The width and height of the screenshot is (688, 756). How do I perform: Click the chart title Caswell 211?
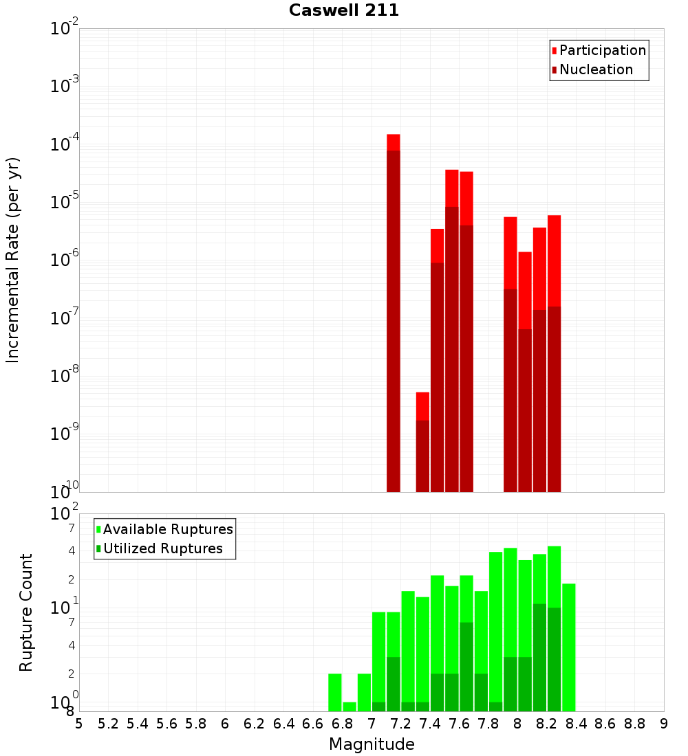pos(344,10)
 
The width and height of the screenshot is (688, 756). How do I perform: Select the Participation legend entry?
pos(599,51)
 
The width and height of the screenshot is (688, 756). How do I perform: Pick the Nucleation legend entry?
pos(592,70)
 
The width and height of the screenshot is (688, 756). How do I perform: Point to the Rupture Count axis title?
pos(26,612)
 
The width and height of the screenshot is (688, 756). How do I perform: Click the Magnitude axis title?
pos(372,744)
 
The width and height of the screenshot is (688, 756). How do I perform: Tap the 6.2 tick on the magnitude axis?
pos(254,724)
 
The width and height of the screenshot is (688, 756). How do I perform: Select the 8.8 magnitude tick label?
pos(634,724)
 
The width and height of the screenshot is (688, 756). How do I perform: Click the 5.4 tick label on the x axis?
pos(138,724)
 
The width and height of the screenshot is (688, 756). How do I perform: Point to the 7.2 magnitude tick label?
pos(400,724)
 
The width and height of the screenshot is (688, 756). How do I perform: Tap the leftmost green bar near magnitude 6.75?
pos(335,692)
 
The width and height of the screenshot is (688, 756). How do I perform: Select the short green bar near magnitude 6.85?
pos(350,707)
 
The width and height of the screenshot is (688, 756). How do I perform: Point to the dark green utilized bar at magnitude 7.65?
pos(466,667)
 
